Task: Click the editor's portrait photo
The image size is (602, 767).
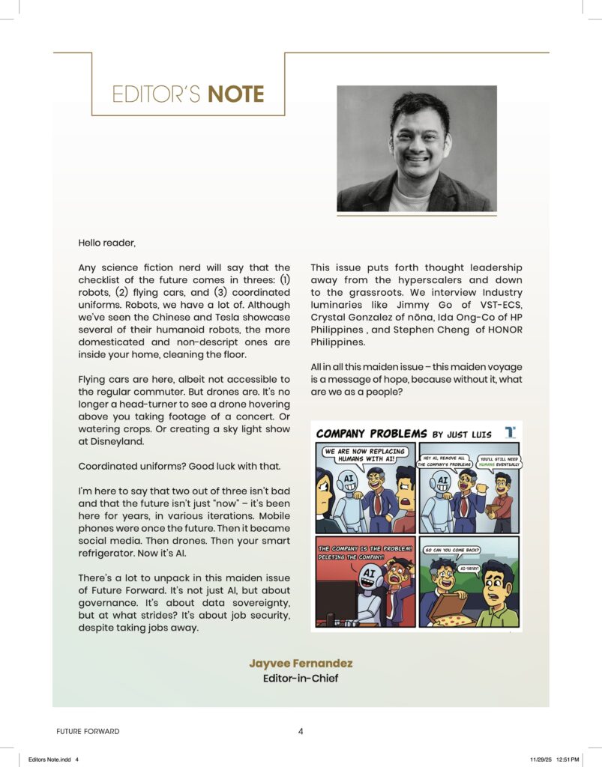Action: click(x=417, y=148)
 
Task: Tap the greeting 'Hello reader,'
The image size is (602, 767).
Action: click(x=107, y=243)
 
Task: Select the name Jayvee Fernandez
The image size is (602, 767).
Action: click(x=301, y=664)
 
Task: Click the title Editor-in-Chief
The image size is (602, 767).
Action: click(x=301, y=679)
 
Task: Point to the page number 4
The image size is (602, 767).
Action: click(x=301, y=731)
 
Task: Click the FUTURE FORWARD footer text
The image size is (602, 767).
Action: click(x=88, y=731)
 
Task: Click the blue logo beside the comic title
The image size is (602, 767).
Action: click(x=510, y=432)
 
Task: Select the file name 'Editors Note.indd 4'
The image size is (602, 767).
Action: click(x=53, y=759)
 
